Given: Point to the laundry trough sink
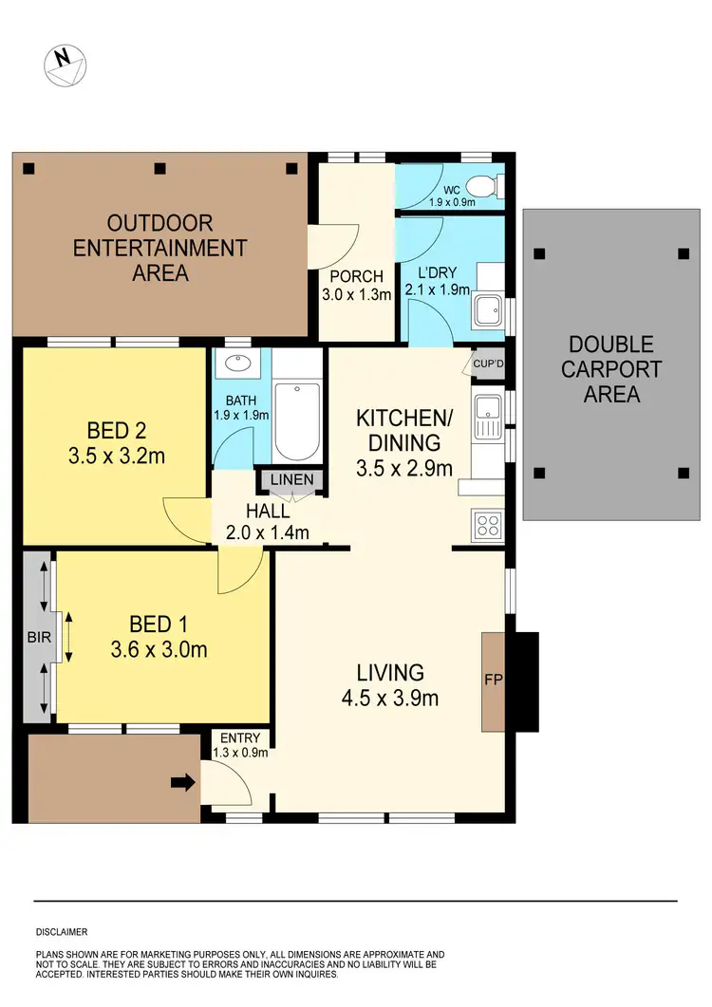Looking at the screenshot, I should (490, 310).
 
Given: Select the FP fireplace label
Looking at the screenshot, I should (495, 681).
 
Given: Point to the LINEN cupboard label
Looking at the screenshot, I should (291, 480).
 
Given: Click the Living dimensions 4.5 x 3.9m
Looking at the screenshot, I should (390, 699).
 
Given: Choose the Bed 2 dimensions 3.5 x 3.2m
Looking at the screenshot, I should (116, 456).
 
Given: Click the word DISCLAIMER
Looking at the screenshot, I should (62, 932).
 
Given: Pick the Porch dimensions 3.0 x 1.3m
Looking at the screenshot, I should (356, 294).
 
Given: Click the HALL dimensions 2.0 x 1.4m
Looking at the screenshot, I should (270, 532).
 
